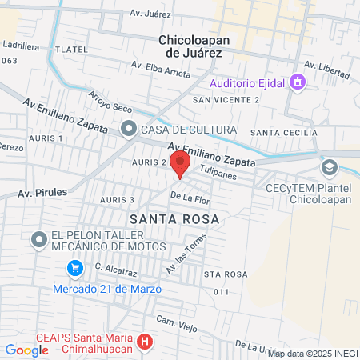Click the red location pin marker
tap(180, 164)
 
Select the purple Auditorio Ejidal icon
tap(298, 82)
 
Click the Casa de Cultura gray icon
tap(128, 129)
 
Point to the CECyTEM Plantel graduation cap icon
tap(329, 167)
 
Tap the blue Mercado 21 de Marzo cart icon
tap(75, 267)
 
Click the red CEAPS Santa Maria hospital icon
tap(145, 342)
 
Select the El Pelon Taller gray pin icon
tap(38, 239)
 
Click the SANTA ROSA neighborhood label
tap(174, 218)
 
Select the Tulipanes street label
tap(220, 172)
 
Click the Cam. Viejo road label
tap(175, 322)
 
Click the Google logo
tap(26, 350)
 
